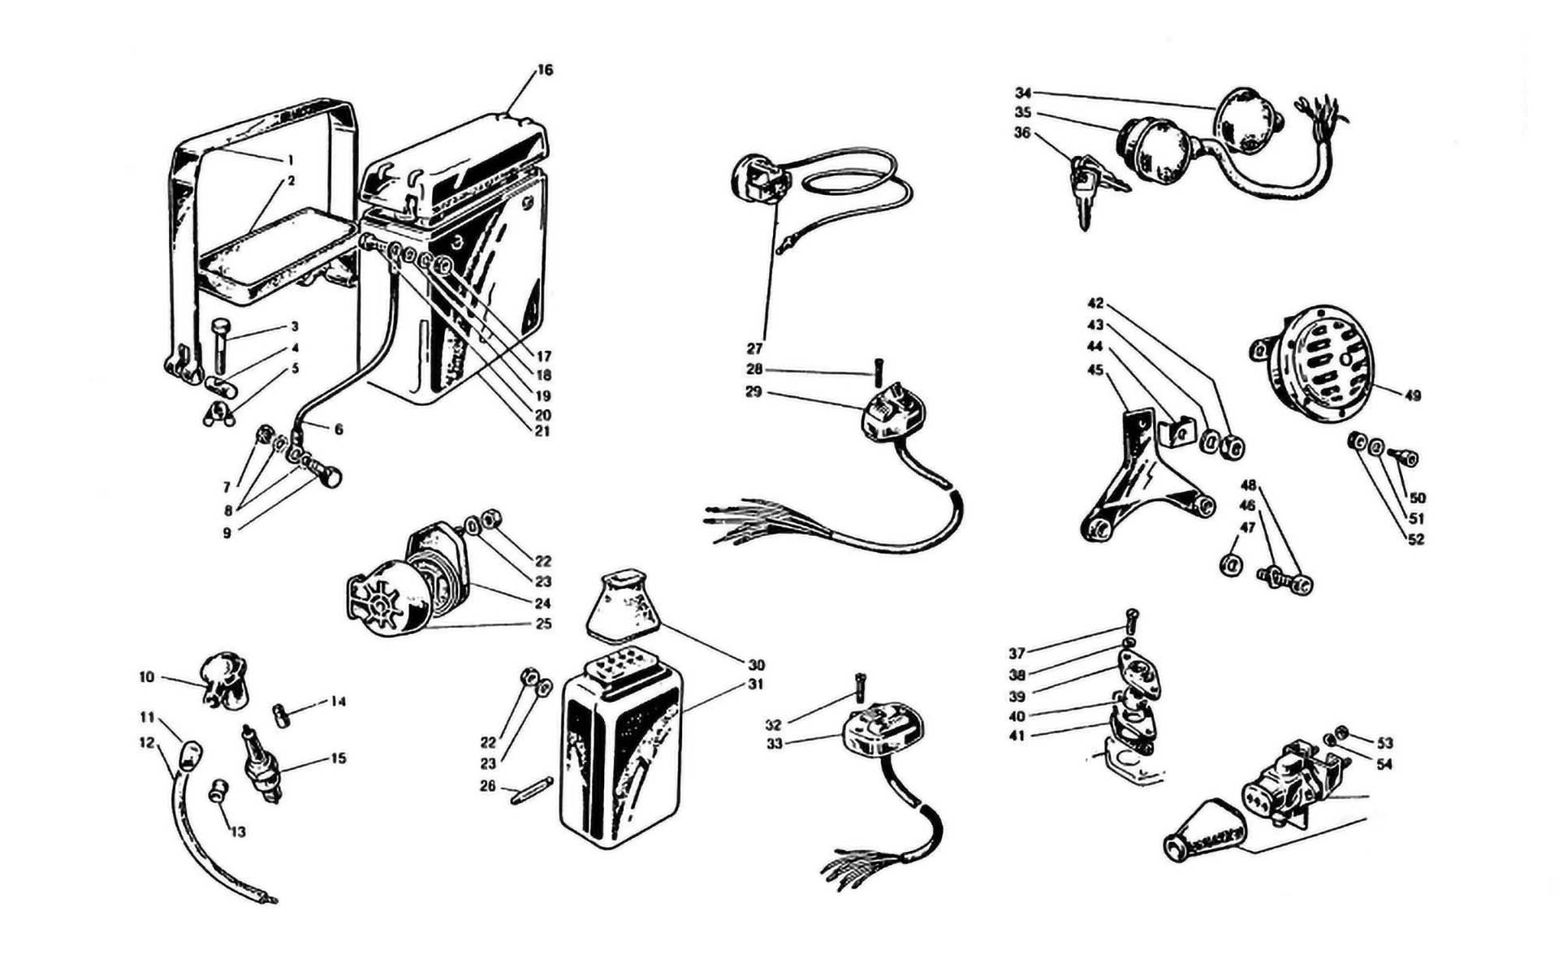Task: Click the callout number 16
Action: (545, 71)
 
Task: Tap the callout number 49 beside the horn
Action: (1412, 395)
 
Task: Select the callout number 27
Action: (754, 349)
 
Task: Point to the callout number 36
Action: (1022, 132)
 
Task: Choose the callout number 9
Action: (227, 533)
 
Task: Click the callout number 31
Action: (756, 685)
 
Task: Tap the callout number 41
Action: (1017, 737)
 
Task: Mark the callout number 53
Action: (1384, 743)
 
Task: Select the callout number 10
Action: (146, 677)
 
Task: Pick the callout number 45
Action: (1095, 370)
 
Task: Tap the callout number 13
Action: (237, 832)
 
